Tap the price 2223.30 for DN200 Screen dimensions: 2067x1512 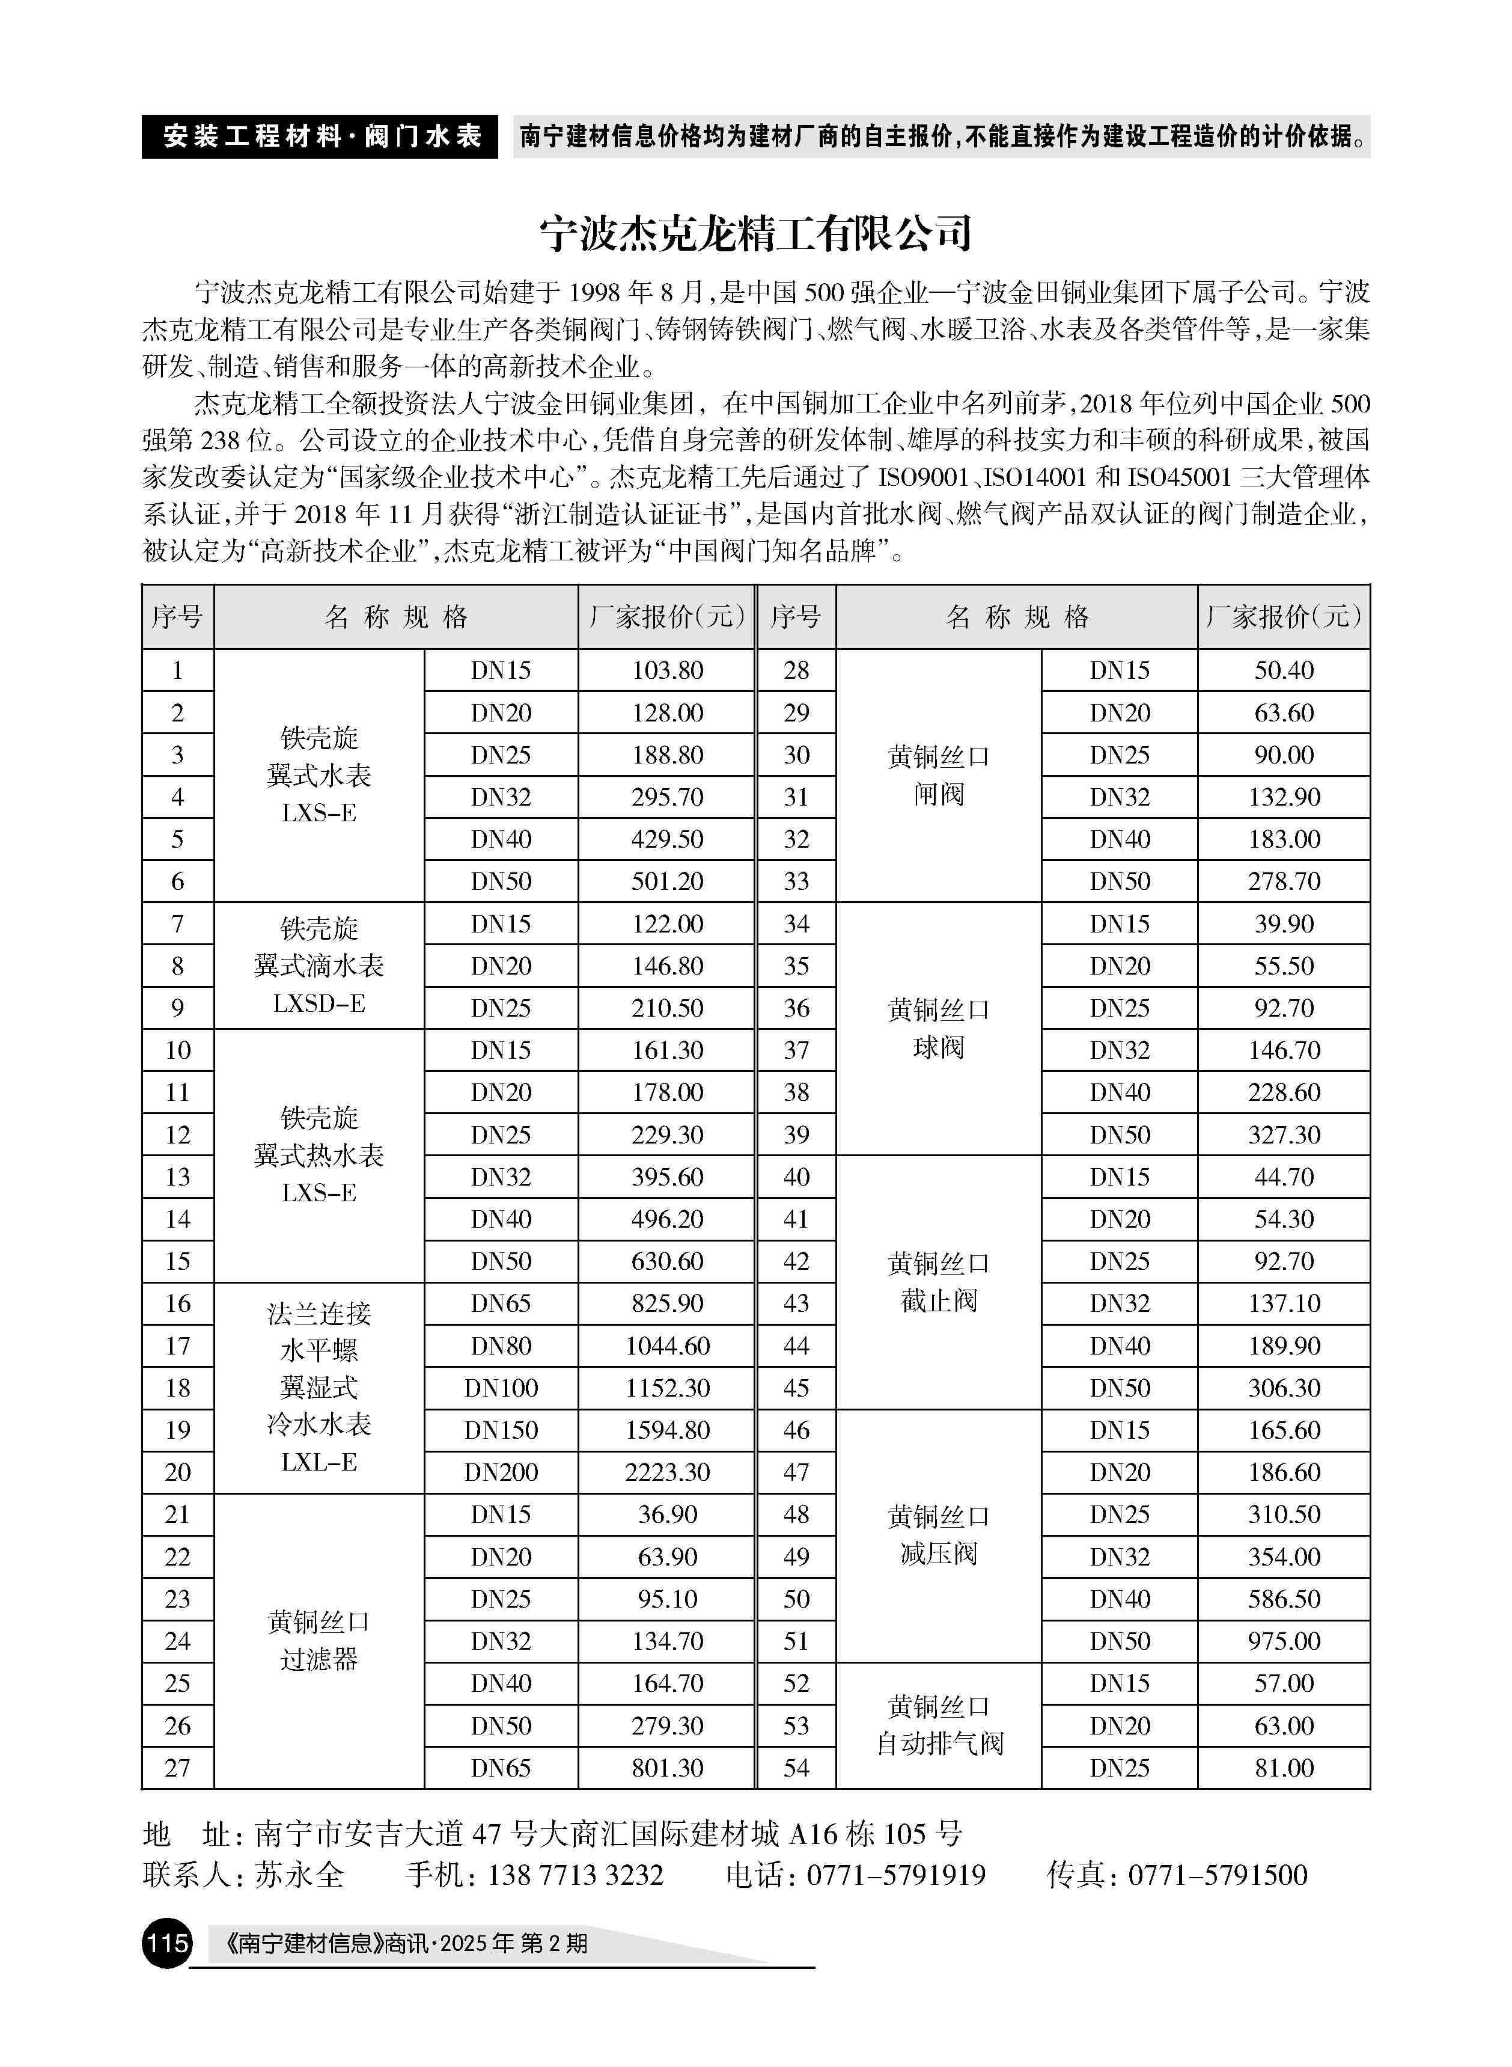pyautogui.click(x=667, y=1472)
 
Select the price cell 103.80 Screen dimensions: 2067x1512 pyautogui.click(x=667, y=670)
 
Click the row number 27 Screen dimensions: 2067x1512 pyautogui.click(x=177, y=1768)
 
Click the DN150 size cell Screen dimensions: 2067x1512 pyautogui.click(x=501, y=1430)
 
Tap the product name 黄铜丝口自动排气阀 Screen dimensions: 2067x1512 pyautogui.click(x=939, y=1726)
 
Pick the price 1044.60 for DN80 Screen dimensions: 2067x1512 pyautogui.click(x=667, y=1346)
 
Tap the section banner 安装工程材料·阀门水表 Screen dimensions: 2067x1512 pyautogui.click(x=320, y=137)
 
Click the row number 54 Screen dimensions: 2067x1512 pyautogui.click(x=796, y=1768)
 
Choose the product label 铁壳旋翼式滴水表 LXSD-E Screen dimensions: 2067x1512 pyautogui.click(x=319, y=966)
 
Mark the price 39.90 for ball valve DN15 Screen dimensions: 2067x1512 pyautogui.click(x=1283, y=923)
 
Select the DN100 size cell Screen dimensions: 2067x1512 pyautogui.click(x=501, y=1388)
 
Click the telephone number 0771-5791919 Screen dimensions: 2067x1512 pyautogui.click(x=895, y=1875)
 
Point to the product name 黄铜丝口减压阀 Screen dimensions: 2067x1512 pyautogui.click(x=939, y=1535)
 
